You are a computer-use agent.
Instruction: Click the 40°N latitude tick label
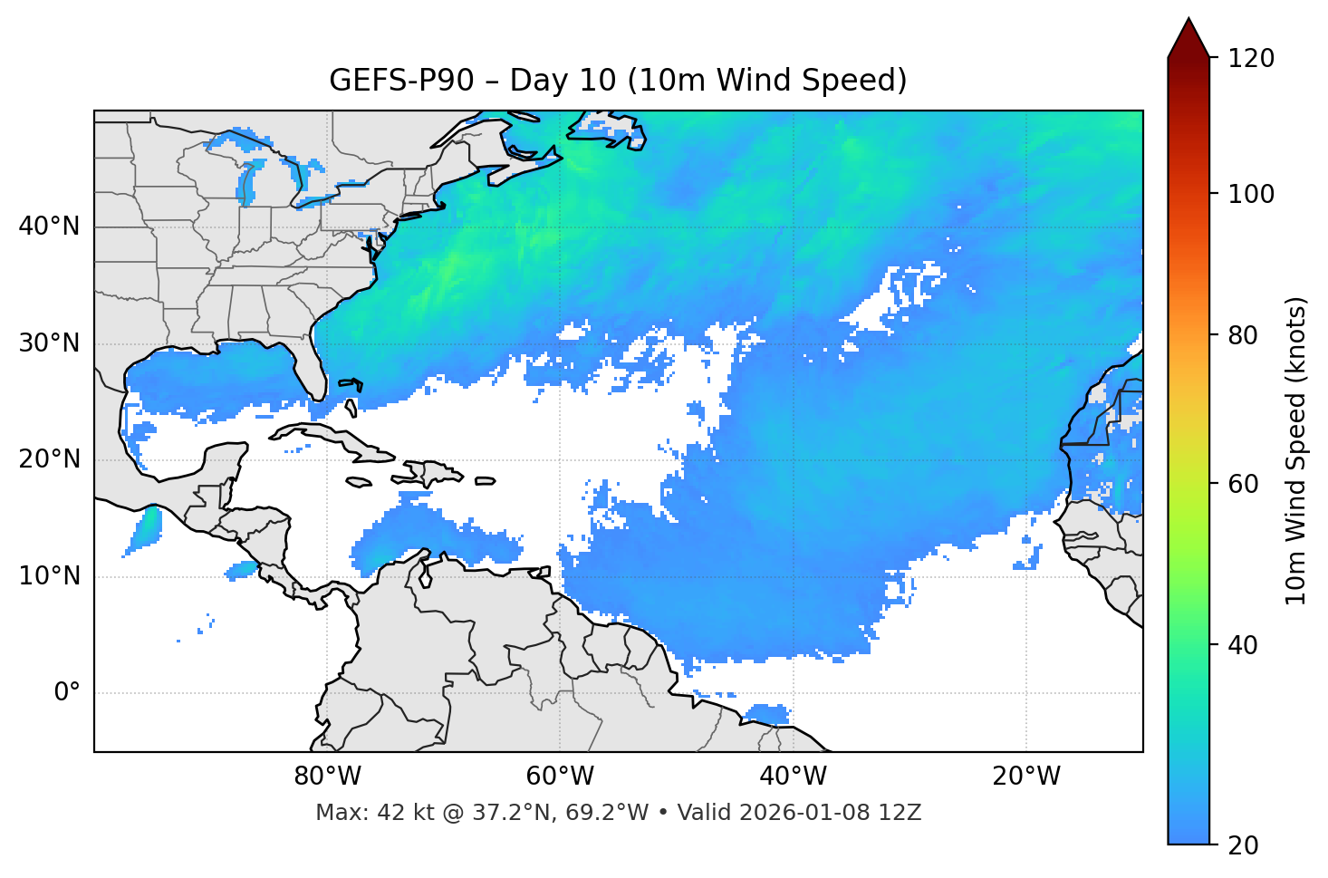(x=49, y=227)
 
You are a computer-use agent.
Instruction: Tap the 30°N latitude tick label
(x=49, y=343)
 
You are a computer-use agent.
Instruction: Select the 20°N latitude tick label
(x=49, y=459)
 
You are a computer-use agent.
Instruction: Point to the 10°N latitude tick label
(x=49, y=576)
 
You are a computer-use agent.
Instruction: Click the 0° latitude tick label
(x=67, y=693)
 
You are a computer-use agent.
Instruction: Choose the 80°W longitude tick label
(x=327, y=777)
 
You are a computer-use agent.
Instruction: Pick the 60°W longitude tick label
(x=560, y=777)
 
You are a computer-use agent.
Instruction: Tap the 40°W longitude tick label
(x=793, y=777)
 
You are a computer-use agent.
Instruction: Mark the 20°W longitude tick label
(x=1025, y=777)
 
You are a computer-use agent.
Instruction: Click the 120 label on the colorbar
(x=1250, y=59)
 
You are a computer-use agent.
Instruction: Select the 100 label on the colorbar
(x=1250, y=194)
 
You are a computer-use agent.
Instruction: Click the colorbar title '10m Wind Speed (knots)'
(x=1296, y=451)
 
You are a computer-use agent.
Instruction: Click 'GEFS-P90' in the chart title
(x=401, y=81)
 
